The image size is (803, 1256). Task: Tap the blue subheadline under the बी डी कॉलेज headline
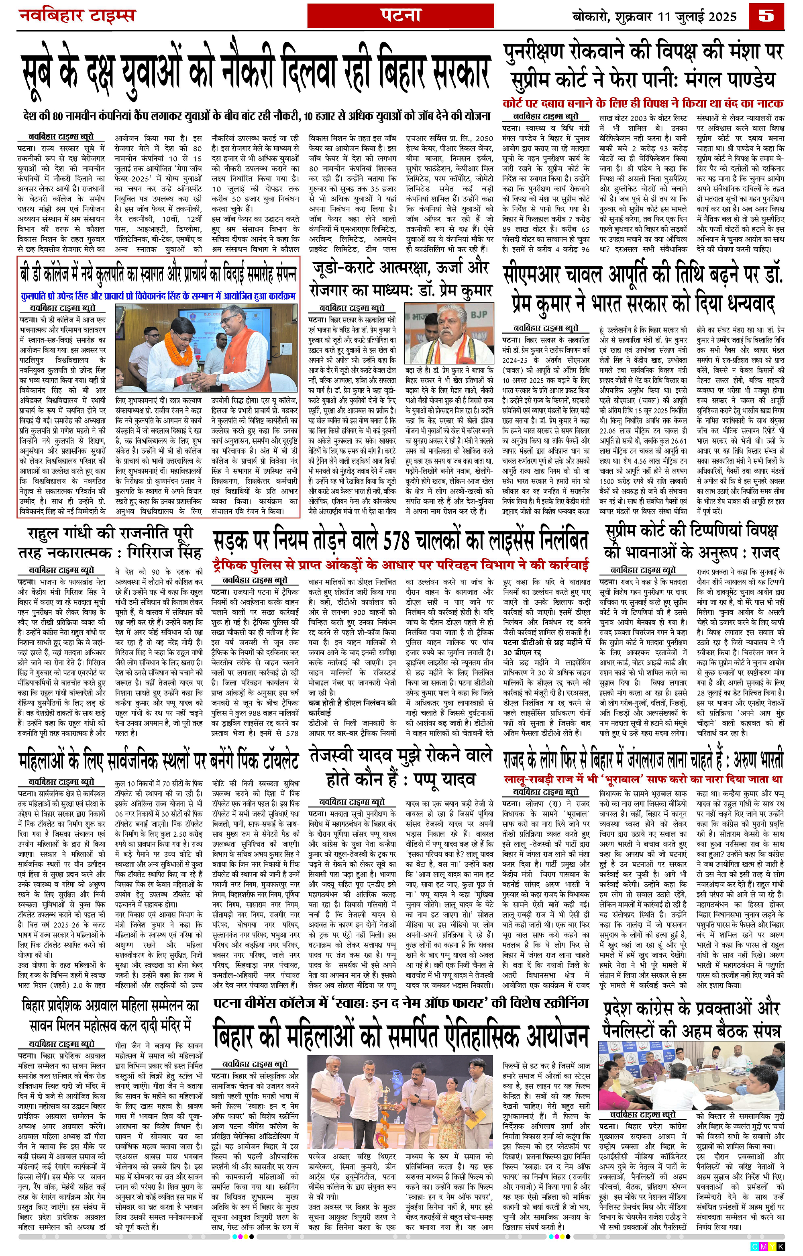click(x=159, y=296)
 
